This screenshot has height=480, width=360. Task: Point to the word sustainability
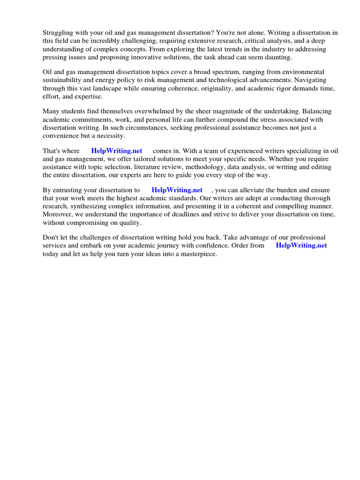tap(63, 80)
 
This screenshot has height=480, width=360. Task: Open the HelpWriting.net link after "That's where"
tap(117, 151)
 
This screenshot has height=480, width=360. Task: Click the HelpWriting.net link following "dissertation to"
tap(177, 190)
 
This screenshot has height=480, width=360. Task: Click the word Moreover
tap(60, 214)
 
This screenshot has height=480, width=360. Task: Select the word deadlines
tap(214, 214)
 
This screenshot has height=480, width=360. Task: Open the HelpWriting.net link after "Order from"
tap(301, 246)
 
